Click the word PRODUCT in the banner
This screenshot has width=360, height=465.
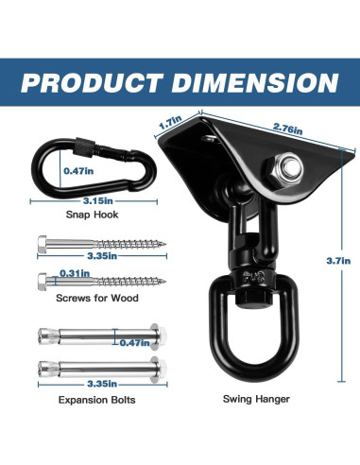(92, 82)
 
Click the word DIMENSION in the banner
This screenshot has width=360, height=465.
(254, 82)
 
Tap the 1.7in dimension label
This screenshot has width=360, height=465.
(170, 122)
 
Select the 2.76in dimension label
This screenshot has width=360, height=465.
(287, 129)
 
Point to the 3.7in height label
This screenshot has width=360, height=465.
(338, 261)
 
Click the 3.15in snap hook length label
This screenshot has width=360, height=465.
(98, 200)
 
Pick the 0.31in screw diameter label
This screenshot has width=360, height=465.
(75, 273)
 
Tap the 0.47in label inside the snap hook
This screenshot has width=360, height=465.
(78, 171)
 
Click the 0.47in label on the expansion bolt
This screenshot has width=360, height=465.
(134, 342)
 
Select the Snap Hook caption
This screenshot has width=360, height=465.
(92, 215)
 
